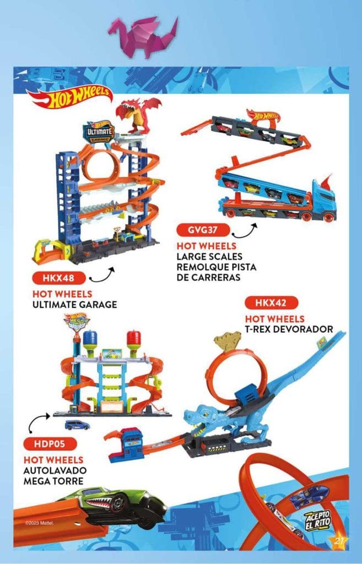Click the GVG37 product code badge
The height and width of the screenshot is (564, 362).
click(201, 230)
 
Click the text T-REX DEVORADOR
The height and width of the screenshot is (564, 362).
click(289, 329)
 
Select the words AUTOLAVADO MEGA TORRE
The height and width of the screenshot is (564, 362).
click(53, 474)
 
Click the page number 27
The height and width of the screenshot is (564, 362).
click(339, 542)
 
